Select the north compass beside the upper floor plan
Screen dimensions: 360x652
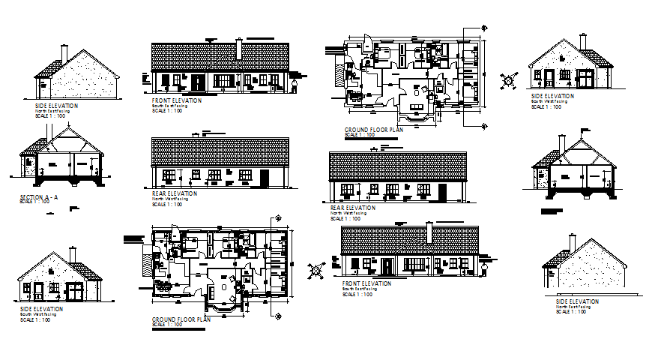coord(510,79)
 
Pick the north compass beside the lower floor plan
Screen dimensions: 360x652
coord(318,267)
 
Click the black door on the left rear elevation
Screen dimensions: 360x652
coord(264,179)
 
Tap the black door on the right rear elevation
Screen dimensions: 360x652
coord(442,193)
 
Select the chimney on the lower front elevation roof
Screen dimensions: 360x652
coord(429,232)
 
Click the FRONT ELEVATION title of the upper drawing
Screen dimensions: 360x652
coord(177,100)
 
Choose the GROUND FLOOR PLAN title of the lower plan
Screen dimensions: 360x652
coord(181,319)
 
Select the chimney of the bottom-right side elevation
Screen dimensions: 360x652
coord(571,242)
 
